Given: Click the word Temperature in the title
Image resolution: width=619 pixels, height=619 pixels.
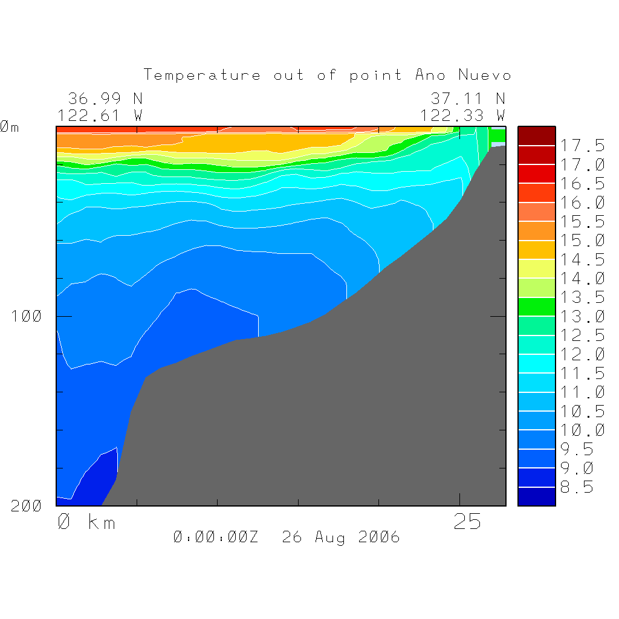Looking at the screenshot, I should tap(203, 75).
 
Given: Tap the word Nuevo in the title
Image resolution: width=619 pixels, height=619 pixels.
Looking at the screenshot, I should tap(485, 75).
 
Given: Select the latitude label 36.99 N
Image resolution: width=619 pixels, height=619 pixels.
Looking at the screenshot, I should tap(105, 99).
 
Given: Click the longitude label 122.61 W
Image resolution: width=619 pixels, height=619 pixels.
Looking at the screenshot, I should tap(100, 115).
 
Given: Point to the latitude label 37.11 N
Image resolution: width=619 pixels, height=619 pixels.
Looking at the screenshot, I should tap(467, 99).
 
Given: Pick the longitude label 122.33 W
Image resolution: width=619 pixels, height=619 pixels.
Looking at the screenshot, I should tap(463, 115).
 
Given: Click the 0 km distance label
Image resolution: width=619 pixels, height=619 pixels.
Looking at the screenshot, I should tap(86, 522).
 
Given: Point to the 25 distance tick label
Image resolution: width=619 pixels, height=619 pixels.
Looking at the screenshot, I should tap(467, 522).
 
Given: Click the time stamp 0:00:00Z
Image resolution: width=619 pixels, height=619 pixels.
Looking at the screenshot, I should tap(216, 537).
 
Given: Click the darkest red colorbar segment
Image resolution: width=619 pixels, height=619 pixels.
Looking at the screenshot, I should tap(536, 136).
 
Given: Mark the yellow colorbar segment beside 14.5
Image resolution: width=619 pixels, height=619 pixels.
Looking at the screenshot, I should tap(536, 268).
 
